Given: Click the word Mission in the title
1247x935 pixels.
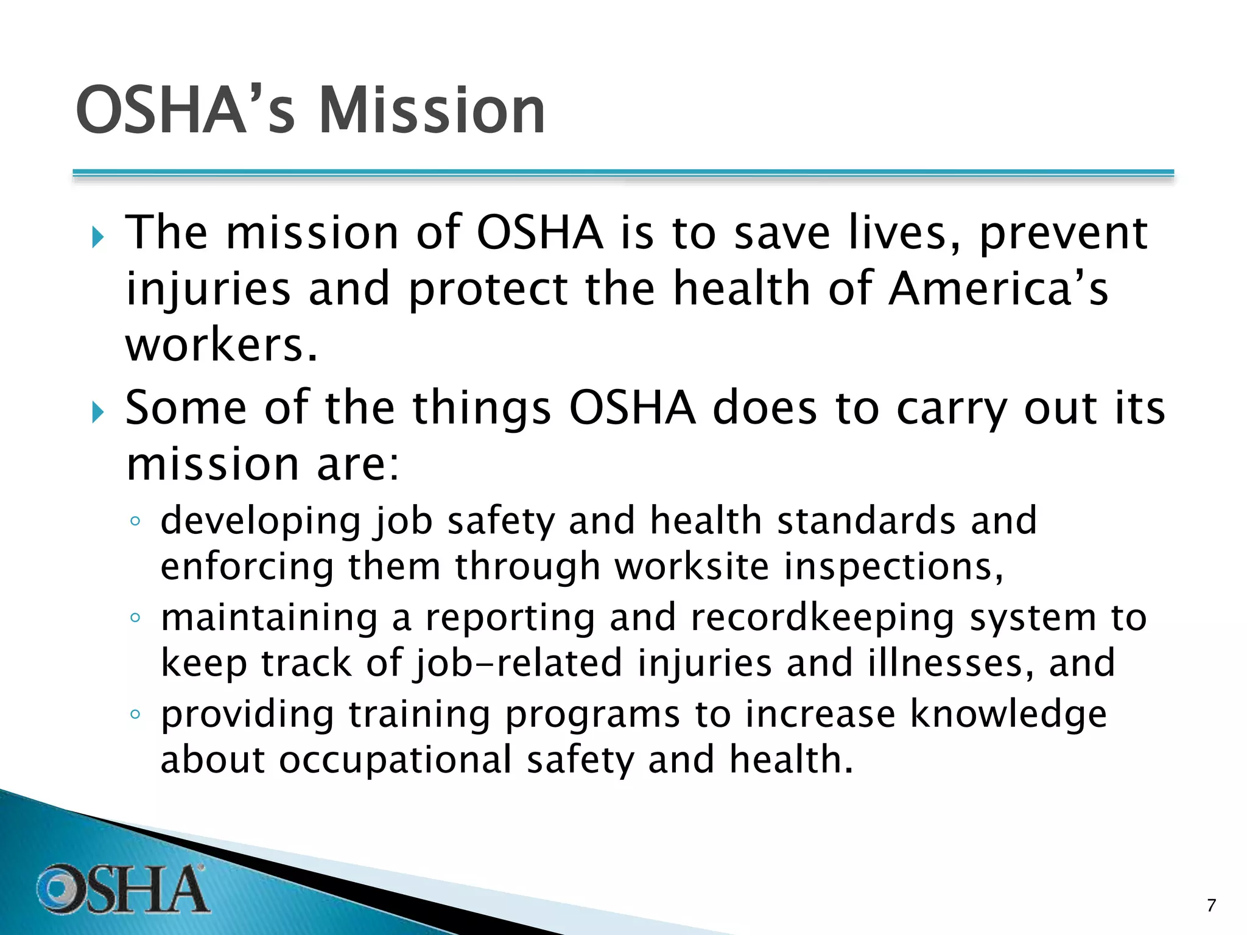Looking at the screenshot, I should point(432,111).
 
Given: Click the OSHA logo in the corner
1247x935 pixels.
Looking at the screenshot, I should point(122,889).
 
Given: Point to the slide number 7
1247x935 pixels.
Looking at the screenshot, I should point(1211,905).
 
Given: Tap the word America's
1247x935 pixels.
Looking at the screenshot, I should point(998,289).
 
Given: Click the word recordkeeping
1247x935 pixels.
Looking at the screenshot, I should point(823,618).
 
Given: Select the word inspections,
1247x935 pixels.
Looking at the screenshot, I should point(893,567).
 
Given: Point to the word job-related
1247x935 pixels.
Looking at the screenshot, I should point(518,664).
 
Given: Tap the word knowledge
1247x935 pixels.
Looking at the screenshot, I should point(1008,714).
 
